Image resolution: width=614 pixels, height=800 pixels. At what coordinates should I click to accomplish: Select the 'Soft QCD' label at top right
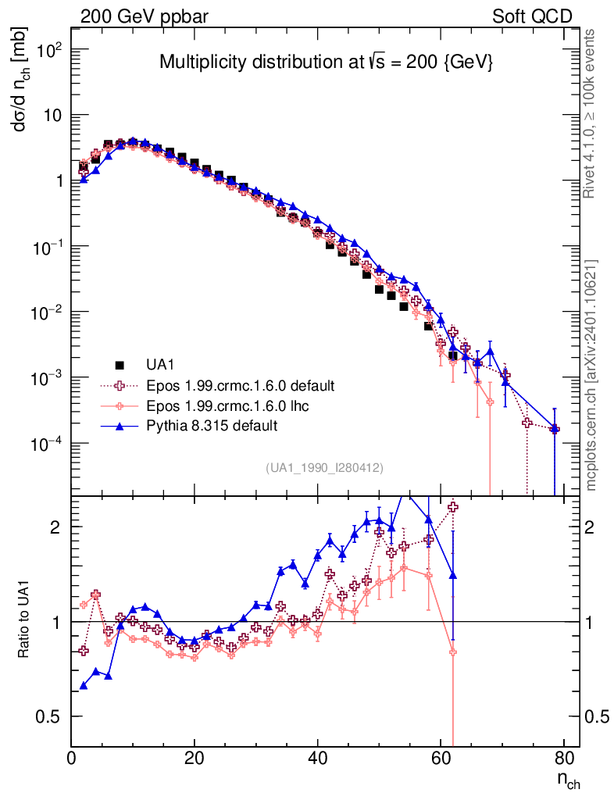coord(532,16)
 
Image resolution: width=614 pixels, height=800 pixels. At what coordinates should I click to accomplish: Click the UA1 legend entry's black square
coord(120,365)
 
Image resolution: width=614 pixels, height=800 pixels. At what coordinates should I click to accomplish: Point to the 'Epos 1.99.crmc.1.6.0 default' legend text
coord(240,385)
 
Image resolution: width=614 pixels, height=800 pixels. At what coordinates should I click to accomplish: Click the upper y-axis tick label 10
coord(52,115)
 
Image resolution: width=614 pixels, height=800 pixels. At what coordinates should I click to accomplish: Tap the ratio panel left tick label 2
coord(56,527)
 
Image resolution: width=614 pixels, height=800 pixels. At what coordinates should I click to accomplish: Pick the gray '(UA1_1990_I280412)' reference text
coord(324,468)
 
